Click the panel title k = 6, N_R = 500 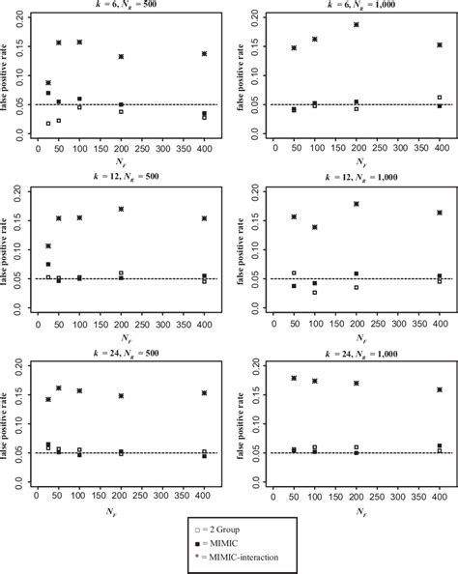coord(119,6)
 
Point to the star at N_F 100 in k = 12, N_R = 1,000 coord(315,227)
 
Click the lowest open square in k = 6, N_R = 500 coord(47,124)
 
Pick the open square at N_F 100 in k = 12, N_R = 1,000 coord(315,292)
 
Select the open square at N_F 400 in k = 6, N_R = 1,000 coord(440,98)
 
